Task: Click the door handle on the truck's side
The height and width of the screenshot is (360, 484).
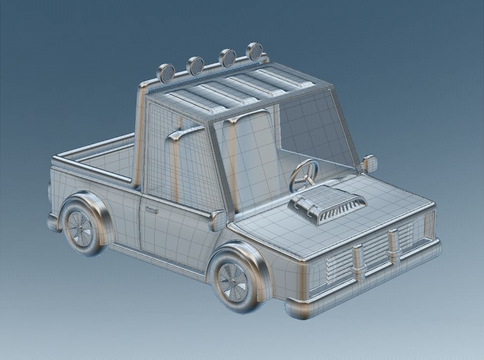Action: pos(152,211)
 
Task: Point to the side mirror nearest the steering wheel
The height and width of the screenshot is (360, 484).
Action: pos(370,163)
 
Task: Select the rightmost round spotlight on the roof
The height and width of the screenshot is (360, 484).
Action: pos(255,51)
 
